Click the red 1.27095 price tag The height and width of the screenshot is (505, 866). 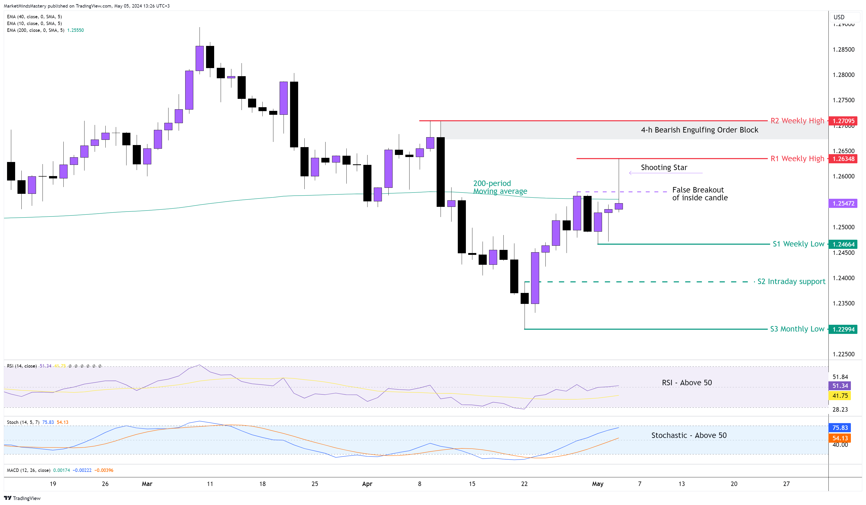(x=843, y=121)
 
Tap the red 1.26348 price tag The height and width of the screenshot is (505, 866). (x=843, y=159)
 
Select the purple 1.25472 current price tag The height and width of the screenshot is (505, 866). (x=843, y=203)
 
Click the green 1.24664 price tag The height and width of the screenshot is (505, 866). (x=843, y=244)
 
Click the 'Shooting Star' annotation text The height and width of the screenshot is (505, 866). (x=664, y=167)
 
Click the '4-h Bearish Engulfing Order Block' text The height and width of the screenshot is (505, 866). (x=699, y=130)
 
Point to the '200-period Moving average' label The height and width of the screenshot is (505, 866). (x=500, y=187)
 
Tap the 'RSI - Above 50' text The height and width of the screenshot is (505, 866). (x=687, y=383)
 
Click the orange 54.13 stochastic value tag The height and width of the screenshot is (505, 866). (x=840, y=438)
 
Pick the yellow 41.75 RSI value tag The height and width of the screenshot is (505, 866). (x=840, y=396)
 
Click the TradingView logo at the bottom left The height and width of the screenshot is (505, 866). (x=22, y=498)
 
